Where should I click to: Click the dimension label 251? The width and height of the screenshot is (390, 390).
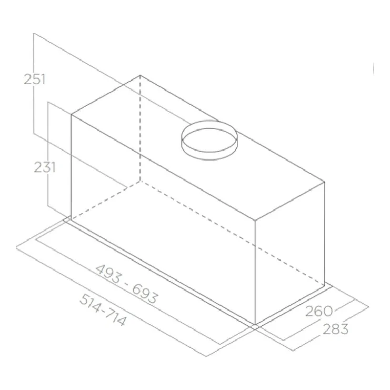tap(35, 79)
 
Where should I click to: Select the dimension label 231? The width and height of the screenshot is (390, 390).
tap(45, 167)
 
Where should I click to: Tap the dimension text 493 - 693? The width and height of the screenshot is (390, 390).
tap(127, 284)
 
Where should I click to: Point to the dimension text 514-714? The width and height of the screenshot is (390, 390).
tap(103, 309)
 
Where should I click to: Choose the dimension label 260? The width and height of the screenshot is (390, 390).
tap(319, 311)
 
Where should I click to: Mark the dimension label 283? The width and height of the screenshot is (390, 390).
tap(336, 329)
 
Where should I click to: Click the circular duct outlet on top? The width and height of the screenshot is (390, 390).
tap(208, 140)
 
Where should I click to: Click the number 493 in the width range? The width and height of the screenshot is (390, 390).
tap(109, 273)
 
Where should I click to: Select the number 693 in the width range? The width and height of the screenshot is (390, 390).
tap(145, 294)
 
